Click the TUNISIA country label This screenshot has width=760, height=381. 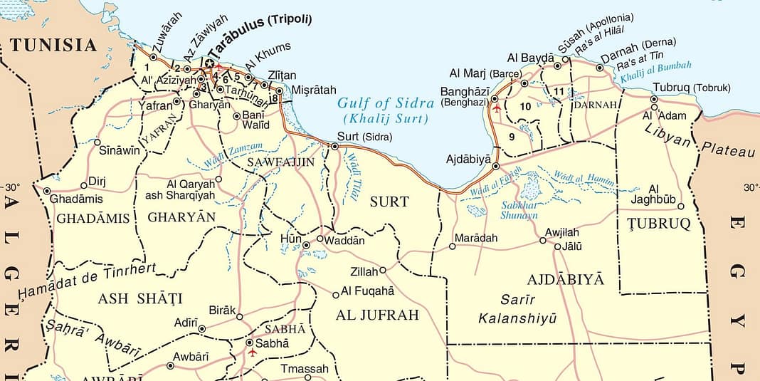[x=53, y=46]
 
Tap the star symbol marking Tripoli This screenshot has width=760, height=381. [x=210, y=63]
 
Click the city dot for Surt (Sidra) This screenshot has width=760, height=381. [x=334, y=146]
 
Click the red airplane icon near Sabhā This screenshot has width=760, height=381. [x=252, y=353]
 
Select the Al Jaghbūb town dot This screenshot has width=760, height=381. [x=681, y=207]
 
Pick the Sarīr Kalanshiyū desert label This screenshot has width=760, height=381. [x=517, y=308]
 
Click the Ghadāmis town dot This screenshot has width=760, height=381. [x=47, y=191]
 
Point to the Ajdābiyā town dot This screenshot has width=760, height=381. [x=496, y=166]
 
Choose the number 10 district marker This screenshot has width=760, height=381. [x=526, y=106]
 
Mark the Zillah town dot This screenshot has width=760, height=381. [x=383, y=270]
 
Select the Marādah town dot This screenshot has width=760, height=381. [x=452, y=246]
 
